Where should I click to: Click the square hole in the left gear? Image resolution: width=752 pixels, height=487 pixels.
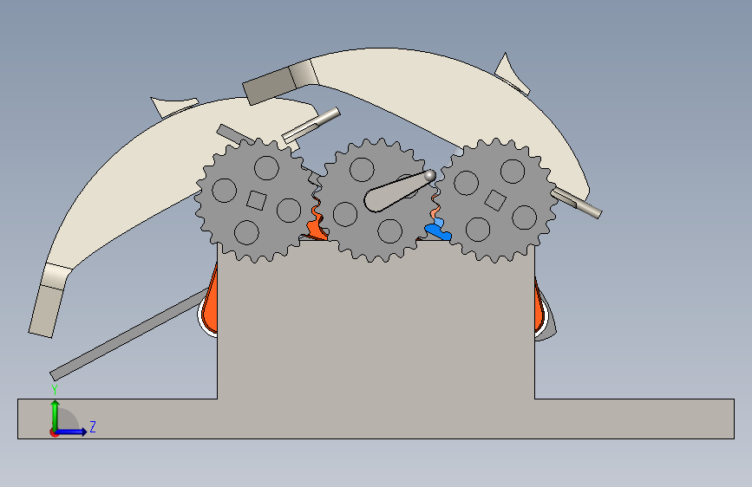[x=256, y=200]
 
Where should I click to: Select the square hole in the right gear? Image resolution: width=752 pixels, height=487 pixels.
[x=495, y=200]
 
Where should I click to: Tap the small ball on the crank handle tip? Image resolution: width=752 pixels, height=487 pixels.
[x=429, y=176]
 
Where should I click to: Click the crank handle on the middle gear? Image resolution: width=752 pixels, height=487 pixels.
[x=398, y=191]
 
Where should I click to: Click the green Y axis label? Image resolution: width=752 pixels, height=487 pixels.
[x=55, y=389]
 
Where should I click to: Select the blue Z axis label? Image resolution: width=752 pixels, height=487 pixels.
[x=93, y=426]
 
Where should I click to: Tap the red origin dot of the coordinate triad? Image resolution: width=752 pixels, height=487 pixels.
[x=54, y=432]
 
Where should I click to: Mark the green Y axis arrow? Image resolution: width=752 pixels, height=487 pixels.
[x=56, y=415]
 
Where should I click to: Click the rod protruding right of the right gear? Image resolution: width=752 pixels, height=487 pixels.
[x=576, y=203]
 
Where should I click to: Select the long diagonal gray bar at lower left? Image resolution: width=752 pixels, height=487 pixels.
[x=129, y=334]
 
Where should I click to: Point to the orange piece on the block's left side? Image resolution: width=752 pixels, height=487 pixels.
[x=210, y=302]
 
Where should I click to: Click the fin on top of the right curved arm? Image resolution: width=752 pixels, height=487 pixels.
[x=511, y=75]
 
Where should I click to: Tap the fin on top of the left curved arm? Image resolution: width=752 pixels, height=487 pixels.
[x=174, y=107]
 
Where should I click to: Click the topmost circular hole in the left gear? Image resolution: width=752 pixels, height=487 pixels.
[x=266, y=168]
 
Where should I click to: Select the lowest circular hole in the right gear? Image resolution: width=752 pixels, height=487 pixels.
[x=478, y=229]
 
